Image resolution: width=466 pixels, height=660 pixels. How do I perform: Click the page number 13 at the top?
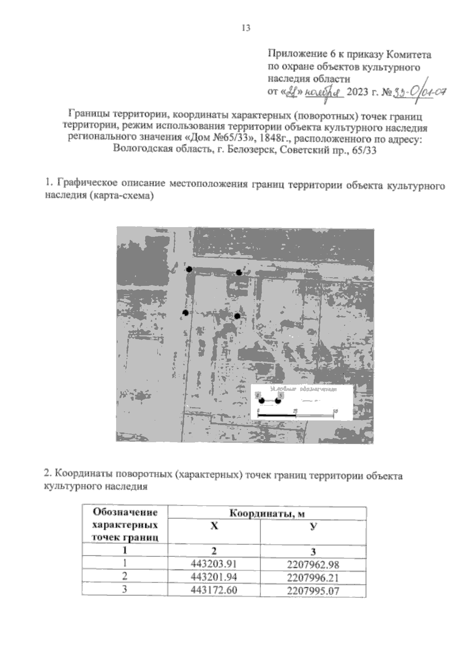(x=246, y=28)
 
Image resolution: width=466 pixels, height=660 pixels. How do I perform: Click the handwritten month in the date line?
(x=323, y=93)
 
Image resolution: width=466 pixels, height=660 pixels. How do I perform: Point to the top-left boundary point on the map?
(x=189, y=269)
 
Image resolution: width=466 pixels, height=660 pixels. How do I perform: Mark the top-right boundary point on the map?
(x=239, y=273)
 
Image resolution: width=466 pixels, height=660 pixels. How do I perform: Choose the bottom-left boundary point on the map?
(x=186, y=313)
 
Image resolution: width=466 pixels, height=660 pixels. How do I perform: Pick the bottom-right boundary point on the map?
(x=237, y=316)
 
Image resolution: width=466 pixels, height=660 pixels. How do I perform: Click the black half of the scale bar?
(x=277, y=415)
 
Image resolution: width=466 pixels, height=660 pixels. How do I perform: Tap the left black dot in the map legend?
(x=262, y=401)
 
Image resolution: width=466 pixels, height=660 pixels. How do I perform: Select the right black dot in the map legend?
(x=278, y=401)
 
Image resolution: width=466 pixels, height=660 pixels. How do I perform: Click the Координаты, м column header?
(x=267, y=513)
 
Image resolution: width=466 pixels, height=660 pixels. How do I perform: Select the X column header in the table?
(x=214, y=526)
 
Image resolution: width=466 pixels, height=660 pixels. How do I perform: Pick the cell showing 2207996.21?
(x=313, y=577)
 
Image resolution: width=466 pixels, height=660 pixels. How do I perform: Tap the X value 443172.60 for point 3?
(x=214, y=590)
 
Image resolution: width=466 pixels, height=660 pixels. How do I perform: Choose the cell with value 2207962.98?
(x=313, y=564)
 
